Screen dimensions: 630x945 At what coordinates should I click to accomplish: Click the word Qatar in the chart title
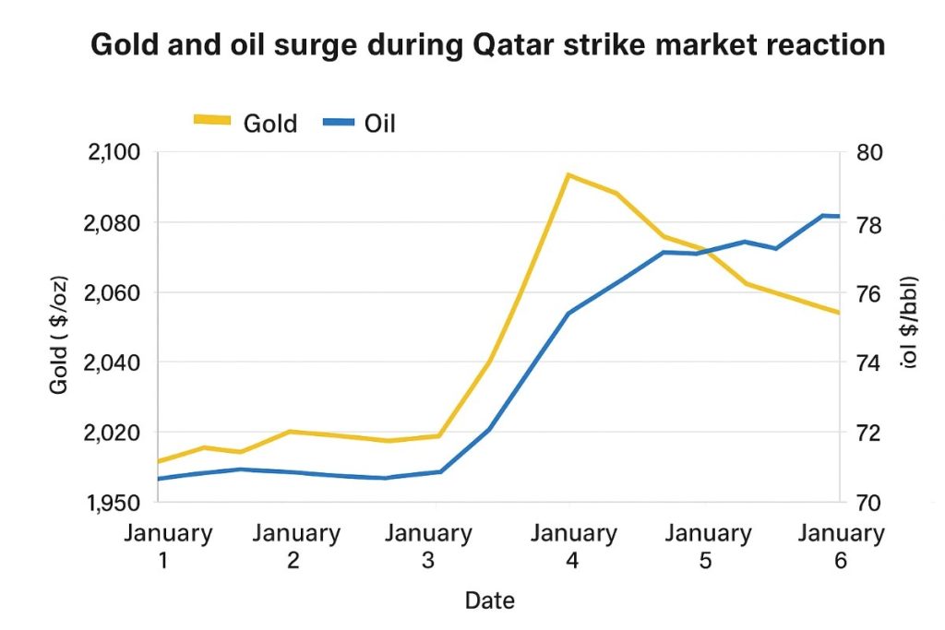point(530,43)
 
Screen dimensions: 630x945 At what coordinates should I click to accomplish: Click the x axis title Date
point(489,600)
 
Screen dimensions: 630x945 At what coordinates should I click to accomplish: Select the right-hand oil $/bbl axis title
point(910,322)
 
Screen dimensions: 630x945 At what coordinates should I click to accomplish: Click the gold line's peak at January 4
point(569,174)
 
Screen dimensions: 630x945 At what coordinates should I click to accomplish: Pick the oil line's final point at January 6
point(838,216)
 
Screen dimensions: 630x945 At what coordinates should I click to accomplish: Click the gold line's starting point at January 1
point(160,461)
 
